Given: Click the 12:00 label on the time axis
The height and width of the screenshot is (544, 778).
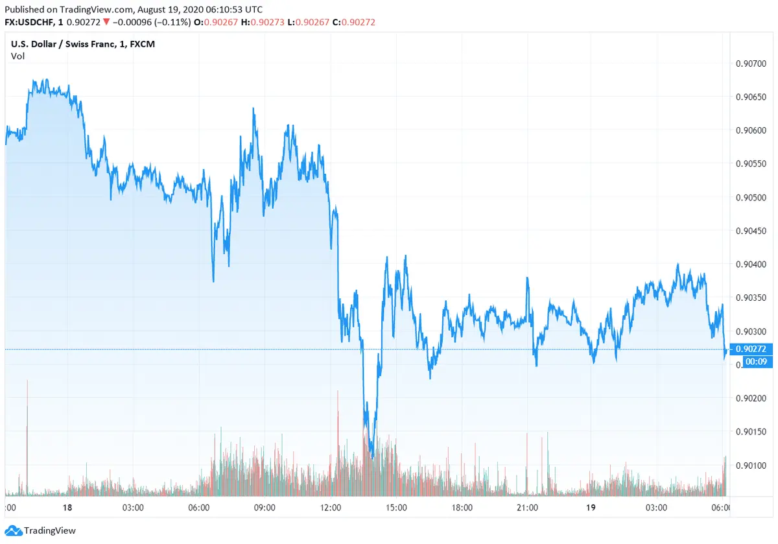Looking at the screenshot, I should point(331,507).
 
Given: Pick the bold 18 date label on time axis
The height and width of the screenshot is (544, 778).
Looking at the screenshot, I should point(67,507).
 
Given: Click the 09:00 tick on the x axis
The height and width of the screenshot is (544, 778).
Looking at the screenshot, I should point(265,507).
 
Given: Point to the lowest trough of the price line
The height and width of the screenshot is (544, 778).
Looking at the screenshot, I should point(371,456).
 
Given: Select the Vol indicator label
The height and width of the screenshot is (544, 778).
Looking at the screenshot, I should point(18,56).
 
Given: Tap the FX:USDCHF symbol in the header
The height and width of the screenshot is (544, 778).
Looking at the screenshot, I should point(33,23).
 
